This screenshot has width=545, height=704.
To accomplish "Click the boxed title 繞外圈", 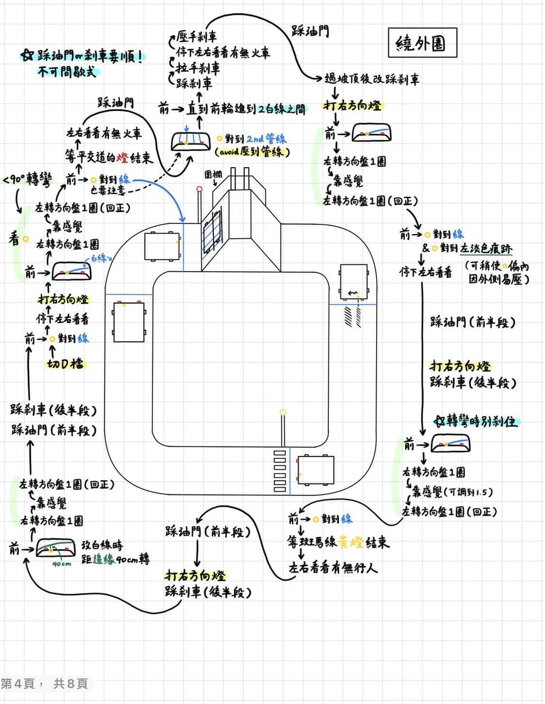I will [x=421, y=43].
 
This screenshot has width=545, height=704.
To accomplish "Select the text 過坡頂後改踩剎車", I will [x=372, y=79].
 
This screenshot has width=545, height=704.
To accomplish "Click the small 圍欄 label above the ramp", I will [x=213, y=174].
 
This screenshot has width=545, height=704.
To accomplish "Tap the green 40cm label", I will [x=62, y=564].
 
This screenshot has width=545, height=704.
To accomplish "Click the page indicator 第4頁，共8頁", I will [x=45, y=684].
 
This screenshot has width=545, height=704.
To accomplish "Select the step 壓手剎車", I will [x=197, y=37].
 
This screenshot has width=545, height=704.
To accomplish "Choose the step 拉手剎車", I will [x=199, y=68].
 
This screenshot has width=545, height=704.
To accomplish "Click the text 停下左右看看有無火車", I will [x=223, y=53].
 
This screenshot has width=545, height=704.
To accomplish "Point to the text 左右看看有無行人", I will [x=333, y=568].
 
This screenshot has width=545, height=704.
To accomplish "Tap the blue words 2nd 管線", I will [x=266, y=139].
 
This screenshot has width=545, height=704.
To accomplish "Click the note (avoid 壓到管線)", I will [x=252, y=152].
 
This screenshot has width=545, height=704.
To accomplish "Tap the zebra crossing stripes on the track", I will [x=280, y=471].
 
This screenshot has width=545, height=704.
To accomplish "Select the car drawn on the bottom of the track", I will [x=315, y=470].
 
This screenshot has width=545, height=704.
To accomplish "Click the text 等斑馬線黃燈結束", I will [x=338, y=543].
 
